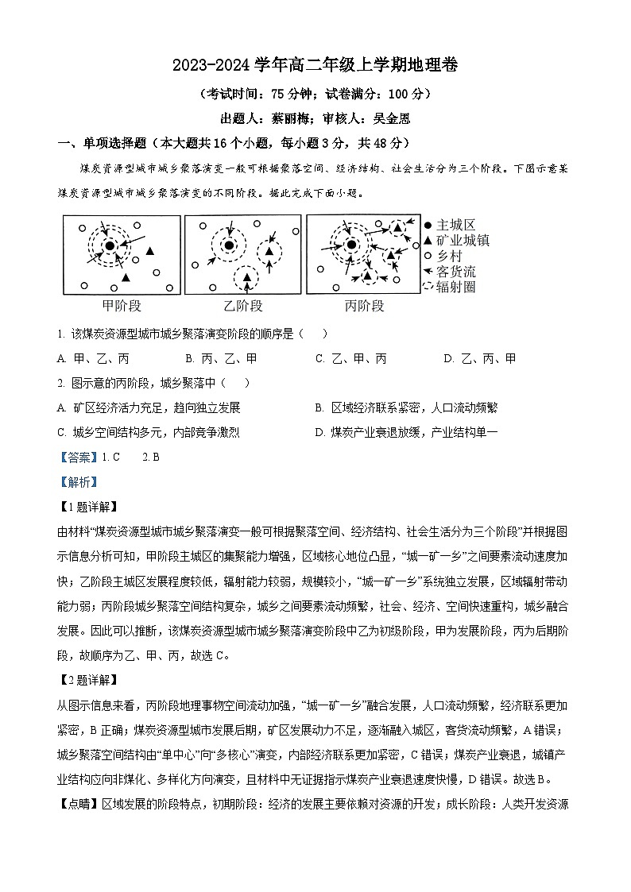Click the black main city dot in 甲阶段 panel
click(109, 245)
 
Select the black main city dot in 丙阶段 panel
click(350, 245)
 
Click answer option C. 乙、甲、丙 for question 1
click(350, 358)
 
